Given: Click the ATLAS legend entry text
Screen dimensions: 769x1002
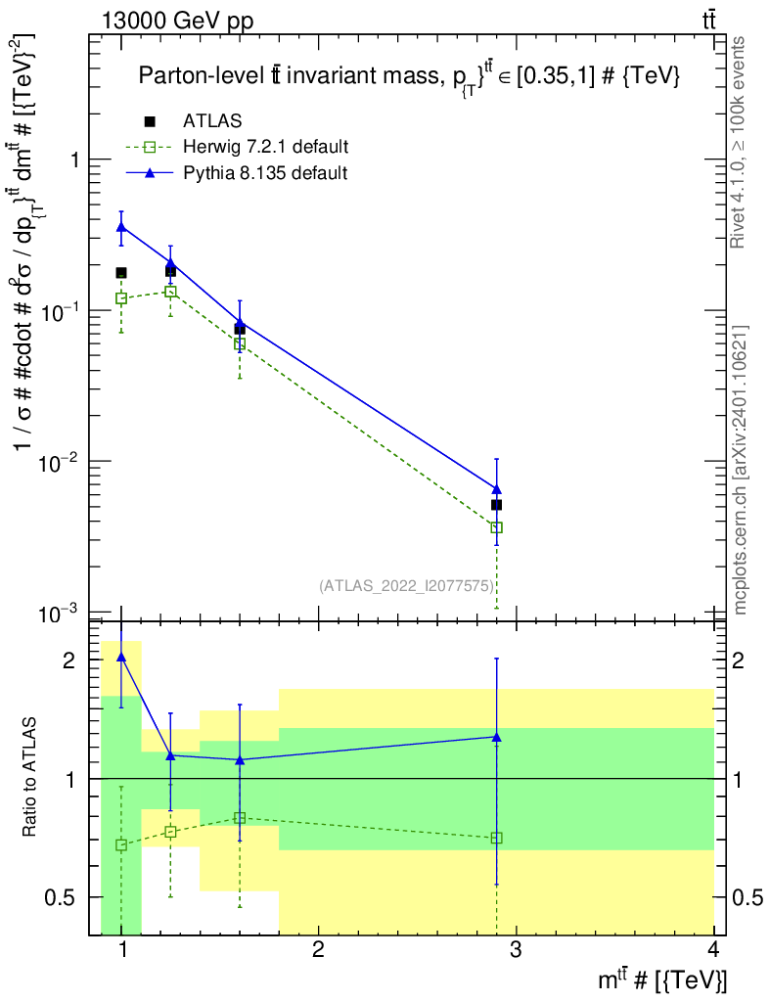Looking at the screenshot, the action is [x=212, y=120].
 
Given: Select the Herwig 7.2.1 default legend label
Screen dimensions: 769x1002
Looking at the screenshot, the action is [x=266, y=147].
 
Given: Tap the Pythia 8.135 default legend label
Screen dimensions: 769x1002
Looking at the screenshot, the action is [x=265, y=173].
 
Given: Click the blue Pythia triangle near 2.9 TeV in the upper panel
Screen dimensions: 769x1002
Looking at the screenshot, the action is [x=496, y=489].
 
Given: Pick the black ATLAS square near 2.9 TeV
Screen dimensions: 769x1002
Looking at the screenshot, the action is [x=496, y=505].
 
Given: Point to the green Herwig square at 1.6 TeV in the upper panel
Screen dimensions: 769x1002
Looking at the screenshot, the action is [x=240, y=344].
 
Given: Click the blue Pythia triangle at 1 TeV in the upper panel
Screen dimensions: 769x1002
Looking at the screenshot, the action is [x=121, y=227].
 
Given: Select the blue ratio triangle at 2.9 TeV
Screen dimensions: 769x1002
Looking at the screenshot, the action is [x=496, y=737].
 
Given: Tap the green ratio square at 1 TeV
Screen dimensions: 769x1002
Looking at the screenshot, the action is [x=121, y=845].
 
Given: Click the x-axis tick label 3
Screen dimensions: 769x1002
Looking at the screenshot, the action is [x=516, y=949].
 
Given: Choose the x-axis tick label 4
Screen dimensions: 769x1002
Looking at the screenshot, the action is [x=713, y=949].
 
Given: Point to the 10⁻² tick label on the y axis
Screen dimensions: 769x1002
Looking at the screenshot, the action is [x=58, y=462].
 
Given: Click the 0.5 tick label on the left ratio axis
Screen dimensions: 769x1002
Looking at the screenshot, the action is [x=60, y=897].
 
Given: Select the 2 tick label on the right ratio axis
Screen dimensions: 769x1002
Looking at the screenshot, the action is [x=739, y=660].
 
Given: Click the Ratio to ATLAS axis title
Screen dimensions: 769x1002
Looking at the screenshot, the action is [x=29, y=777].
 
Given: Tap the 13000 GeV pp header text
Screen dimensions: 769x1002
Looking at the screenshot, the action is [x=177, y=21].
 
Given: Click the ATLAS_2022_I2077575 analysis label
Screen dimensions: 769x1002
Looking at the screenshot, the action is [x=407, y=586].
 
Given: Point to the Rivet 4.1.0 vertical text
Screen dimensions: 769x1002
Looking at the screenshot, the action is [x=738, y=143].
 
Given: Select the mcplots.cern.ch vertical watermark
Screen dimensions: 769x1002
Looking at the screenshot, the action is [x=739, y=470].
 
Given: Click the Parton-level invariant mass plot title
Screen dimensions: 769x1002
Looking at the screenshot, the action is [x=409, y=76].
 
